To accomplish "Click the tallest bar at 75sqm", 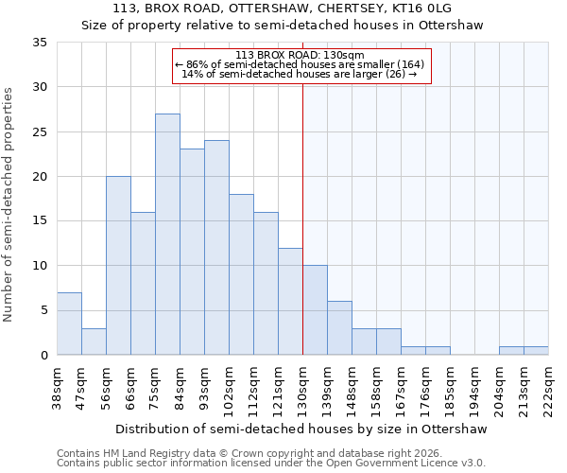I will pos(167,235).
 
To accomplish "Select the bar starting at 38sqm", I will pos(69,324).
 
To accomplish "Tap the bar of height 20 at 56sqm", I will pos(118,266).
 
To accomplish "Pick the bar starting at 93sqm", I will pos(216,248).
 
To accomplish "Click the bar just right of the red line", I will pos(315,310).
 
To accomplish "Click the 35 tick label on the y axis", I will pos(40,43).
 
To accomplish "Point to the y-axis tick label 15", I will pos(40,221).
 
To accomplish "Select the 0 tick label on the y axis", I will pos(43,356).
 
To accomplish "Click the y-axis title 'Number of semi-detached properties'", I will pos(9,204).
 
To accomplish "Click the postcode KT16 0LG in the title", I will pos(421,9).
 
